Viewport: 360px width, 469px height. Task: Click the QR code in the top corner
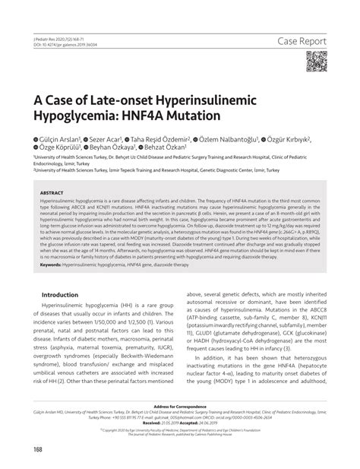tap(317, 61)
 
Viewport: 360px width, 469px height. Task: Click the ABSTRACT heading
tap(52, 193)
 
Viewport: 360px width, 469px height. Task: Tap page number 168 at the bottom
tap(38, 450)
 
